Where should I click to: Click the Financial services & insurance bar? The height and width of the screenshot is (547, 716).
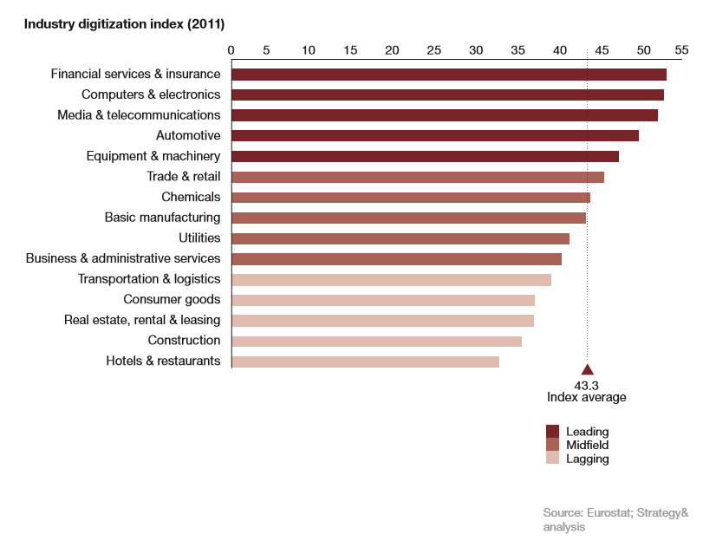448,75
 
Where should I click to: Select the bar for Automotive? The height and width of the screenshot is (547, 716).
435,135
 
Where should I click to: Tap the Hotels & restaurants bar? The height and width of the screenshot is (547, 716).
365,361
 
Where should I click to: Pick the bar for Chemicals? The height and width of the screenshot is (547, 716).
411,198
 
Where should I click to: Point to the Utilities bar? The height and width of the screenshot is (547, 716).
400,238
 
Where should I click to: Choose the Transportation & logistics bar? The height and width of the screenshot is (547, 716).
391,279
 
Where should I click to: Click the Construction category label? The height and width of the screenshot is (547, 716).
184,341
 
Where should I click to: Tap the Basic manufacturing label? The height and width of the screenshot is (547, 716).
162,218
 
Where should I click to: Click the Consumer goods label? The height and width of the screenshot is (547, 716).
172,300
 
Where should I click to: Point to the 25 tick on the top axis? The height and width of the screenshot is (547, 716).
434,49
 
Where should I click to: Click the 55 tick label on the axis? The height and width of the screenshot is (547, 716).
681,49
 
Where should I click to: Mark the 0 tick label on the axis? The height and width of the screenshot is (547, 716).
231,49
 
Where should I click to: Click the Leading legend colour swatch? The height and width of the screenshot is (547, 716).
552,432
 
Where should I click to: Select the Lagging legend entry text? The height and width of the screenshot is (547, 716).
587,459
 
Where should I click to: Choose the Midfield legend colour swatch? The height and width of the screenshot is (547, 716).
552,446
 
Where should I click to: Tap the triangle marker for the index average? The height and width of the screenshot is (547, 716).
588,370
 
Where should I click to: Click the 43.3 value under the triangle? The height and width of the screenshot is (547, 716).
587,384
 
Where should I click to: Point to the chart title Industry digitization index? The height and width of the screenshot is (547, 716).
124,23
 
